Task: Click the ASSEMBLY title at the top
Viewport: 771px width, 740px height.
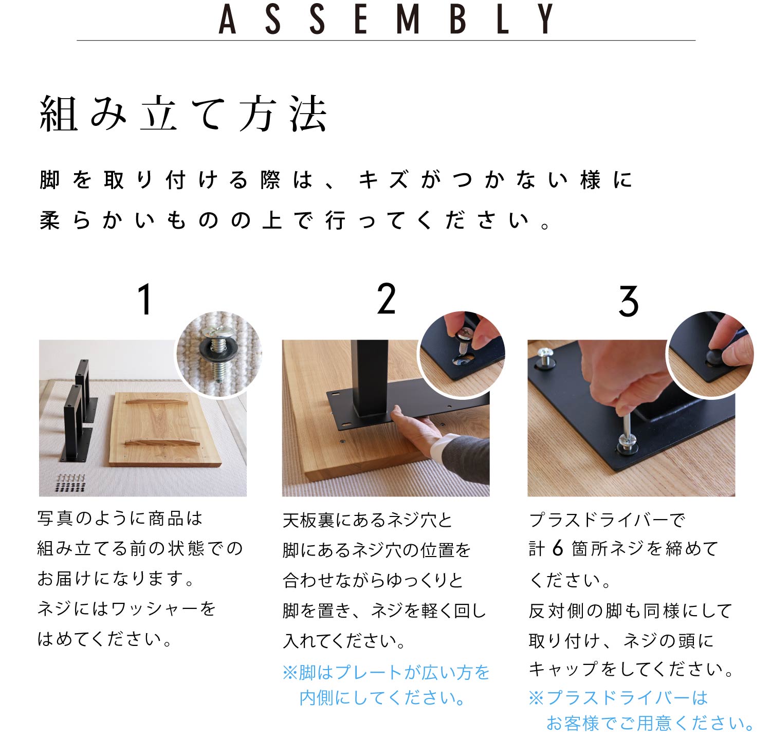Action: (386, 20)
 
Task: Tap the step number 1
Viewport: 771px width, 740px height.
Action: (145, 300)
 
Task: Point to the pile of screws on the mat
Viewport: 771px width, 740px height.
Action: (70, 483)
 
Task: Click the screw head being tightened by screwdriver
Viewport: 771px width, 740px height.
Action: (628, 442)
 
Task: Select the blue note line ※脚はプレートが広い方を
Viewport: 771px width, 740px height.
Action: (386, 672)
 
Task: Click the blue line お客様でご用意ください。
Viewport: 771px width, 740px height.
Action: (650, 723)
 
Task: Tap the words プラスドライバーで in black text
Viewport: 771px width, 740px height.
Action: (607, 520)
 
